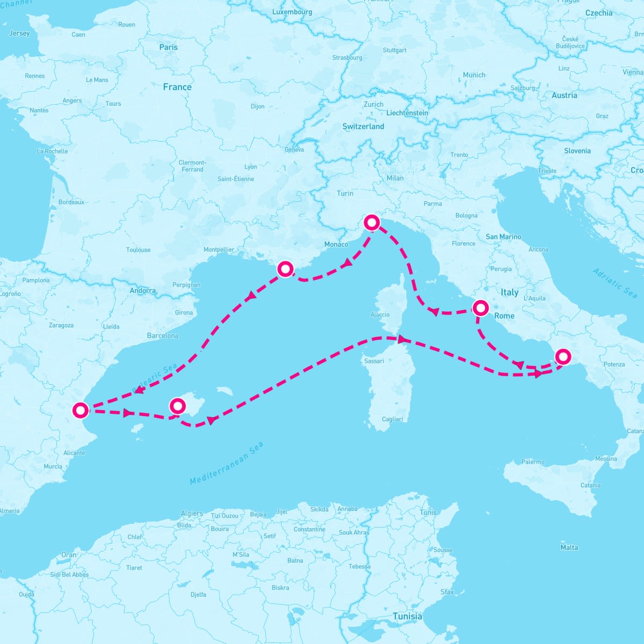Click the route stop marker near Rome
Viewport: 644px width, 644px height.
pyautogui.click(x=480, y=308)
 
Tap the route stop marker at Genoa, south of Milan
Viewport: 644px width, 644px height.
pyautogui.click(x=371, y=222)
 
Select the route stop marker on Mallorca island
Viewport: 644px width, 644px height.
pyautogui.click(x=177, y=406)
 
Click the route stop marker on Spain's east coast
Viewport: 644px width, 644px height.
pyautogui.click(x=80, y=411)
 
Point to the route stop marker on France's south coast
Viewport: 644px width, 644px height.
pyautogui.click(x=285, y=268)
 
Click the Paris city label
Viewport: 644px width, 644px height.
pyautogui.click(x=168, y=47)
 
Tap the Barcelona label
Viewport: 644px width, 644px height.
pyautogui.click(x=163, y=335)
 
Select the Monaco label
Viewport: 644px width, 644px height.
pyautogui.click(x=336, y=244)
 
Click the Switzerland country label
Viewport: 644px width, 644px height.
pyautogui.click(x=363, y=127)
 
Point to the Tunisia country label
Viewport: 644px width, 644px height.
pyautogui.click(x=407, y=616)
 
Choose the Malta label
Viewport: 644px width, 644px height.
pyautogui.click(x=569, y=547)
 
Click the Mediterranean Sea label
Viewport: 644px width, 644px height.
pyautogui.click(x=227, y=464)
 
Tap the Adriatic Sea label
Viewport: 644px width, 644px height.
pyautogui.click(x=615, y=283)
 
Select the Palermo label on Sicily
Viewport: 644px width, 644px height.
pyautogui.click(x=532, y=462)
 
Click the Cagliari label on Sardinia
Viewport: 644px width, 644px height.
pyautogui.click(x=392, y=419)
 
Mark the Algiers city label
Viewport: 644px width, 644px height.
pyautogui.click(x=192, y=514)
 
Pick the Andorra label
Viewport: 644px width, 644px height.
pyautogui.click(x=143, y=291)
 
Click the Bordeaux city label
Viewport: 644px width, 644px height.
pyautogui.click(x=71, y=202)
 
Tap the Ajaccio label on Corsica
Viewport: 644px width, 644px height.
pyautogui.click(x=380, y=314)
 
